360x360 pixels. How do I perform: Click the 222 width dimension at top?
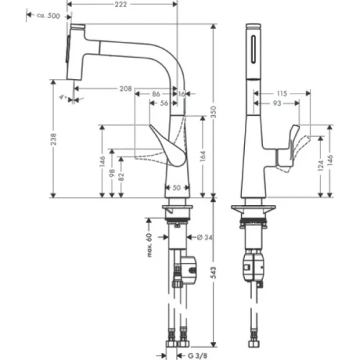pyautogui.click(x=125, y=5)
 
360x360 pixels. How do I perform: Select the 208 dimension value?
pyautogui.click(x=125, y=88)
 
